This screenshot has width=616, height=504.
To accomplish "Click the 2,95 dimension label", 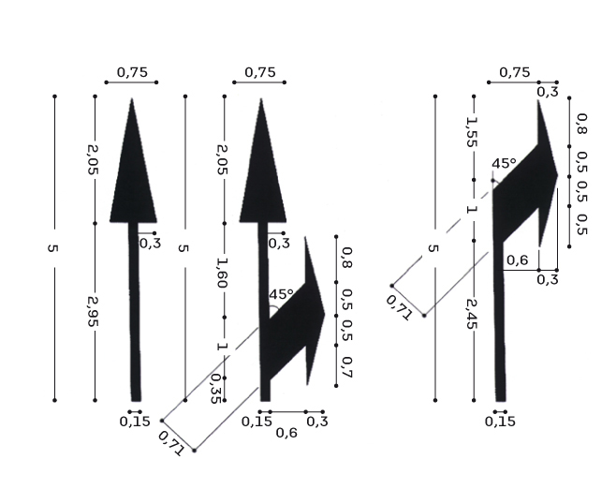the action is point(93,311).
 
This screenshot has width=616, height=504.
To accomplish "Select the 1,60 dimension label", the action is point(222,273).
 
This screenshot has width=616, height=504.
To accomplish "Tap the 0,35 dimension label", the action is point(215,389).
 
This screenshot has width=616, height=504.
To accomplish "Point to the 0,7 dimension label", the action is point(347,367).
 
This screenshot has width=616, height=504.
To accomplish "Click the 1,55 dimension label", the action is point(471,132).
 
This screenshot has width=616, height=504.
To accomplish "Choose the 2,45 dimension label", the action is point(472,314).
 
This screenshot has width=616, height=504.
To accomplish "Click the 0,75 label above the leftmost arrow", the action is point(132,72).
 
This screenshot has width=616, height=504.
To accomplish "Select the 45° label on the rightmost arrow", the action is point(504,163).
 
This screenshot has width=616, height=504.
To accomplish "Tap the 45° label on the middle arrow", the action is point(281,294).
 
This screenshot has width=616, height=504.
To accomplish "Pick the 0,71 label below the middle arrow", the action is point(171,443).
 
